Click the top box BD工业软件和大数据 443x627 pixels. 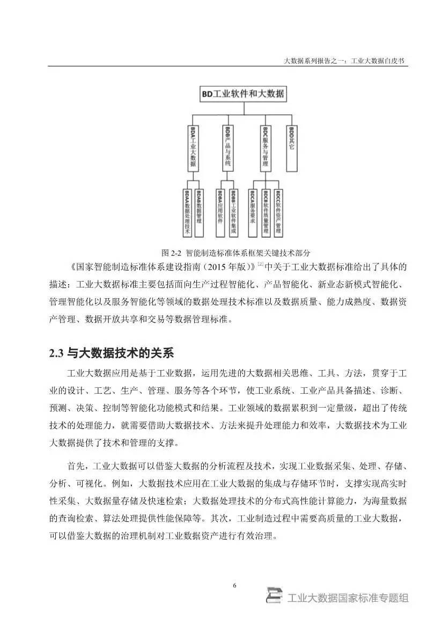coord(242,94)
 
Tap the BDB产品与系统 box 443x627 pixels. coord(228,149)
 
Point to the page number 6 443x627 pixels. coord(235,585)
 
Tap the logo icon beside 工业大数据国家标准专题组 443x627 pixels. coord(275,596)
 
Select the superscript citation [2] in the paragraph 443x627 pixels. coord(260,264)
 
